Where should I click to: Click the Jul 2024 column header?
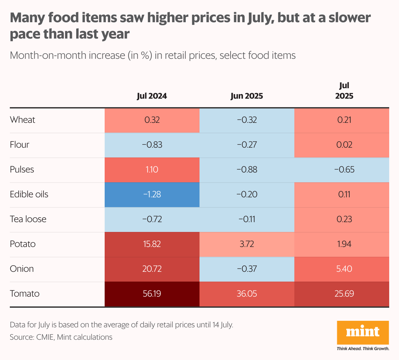[x=152, y=96]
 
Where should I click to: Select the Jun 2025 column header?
[x=247, y=96]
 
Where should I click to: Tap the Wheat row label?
[x=23, y=120]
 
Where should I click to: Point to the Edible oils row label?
[x=29, y=194]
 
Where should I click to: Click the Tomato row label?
[x=25, y=294]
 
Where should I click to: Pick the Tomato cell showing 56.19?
[x=152, y=294]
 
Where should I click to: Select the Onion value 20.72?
[x=152, y=269]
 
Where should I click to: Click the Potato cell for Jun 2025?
[x=247, y=244]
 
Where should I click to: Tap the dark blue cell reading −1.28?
[x=152, y=194]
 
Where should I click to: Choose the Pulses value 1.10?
[x=152, y=170]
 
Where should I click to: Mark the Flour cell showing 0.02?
[x=344, y=145]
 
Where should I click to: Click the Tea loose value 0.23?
[x=344, y=219]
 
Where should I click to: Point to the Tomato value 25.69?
[x=344, y=294]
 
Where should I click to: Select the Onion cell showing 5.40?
[x=344, y=269]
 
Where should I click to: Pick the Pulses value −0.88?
[x=247, y=170]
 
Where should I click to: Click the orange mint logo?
[x=363, y=332]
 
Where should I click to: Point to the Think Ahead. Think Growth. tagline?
[x=363, y=349]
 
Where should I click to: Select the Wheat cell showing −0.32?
[x=247, y=120]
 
